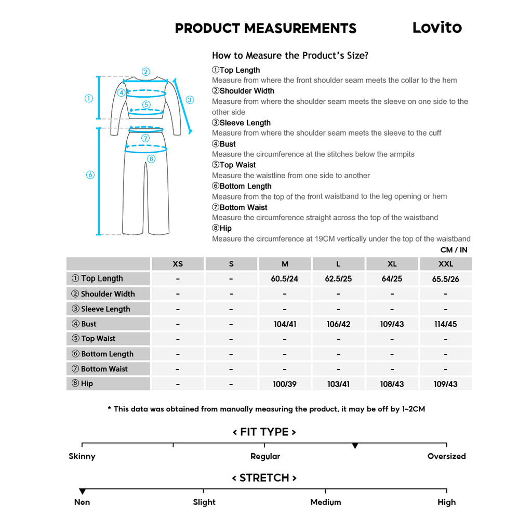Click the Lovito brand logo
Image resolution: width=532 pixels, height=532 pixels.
[x=437, y=28]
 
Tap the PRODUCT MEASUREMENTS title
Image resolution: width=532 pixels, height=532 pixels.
[x=265, y=29]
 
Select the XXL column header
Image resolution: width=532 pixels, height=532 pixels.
[x=445, y=264]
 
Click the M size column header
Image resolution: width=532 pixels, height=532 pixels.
[x=285, y=264]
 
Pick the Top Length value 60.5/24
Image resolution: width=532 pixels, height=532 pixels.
[x=285, y=279]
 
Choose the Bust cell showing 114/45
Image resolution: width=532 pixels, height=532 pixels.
[x=445, y=324]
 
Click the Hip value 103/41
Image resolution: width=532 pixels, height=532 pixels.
[x=338, y=384]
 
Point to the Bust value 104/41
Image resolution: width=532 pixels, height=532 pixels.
[x=285, y=324]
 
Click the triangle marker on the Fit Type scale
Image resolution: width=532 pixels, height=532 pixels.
[x=355, y=446]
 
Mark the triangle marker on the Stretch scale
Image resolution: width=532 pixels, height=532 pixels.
[x=82, y=491]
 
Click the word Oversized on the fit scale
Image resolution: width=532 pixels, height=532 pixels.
[x=446, y=456]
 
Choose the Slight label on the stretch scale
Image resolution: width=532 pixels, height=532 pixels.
[x=204, y=502]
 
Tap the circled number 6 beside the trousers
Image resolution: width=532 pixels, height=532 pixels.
[x=90, y=175]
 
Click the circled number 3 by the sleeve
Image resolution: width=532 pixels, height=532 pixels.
[x=190, y=100]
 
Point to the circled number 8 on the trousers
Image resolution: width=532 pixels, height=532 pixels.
[x=151, y=159]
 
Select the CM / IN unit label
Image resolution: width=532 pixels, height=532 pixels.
[x=454, y=250]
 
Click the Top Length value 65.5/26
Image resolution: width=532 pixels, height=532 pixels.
[x=445, y=279]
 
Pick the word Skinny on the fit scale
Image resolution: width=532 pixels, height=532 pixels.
[x=82, y=456]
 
